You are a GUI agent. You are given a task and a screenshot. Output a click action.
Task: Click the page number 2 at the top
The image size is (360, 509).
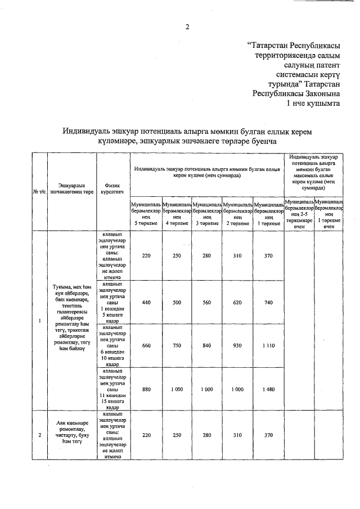tap(188, 26)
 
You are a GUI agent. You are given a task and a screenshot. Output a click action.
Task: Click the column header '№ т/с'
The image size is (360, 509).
tap(39, 192)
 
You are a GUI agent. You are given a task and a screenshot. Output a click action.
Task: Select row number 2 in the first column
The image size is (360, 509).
tap(39, 435)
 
